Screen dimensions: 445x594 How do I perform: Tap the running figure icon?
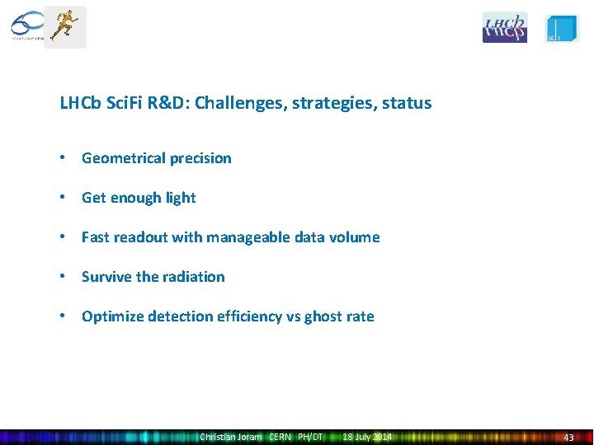tap(64, 27)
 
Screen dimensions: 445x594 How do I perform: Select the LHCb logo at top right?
tap(504, 27)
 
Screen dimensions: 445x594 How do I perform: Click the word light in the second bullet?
tap(181, 198)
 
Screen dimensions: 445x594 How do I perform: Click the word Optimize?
tap(112, 316)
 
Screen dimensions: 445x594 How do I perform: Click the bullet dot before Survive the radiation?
tap(64, 277)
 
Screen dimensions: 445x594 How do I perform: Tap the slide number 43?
tap(568, 438)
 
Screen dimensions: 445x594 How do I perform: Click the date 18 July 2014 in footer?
tap(367, 437)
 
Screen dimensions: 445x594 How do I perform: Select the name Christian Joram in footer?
tap(230, 437)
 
